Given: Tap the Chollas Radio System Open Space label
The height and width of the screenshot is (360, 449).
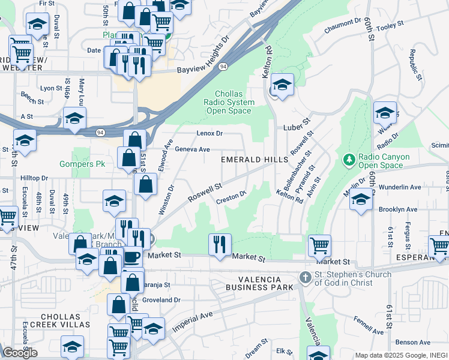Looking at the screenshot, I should (x=230, y=103).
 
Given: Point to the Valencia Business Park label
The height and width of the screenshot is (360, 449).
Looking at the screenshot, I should (x=253, y=283).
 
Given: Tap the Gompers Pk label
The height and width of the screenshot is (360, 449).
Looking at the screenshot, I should (x=82, y=164).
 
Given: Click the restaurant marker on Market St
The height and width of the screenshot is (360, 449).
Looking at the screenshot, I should (x=220, y=244).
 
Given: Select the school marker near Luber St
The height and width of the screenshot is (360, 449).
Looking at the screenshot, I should (x=281, y=85).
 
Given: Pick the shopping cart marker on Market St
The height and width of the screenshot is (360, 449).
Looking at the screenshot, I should (x=319, y=245).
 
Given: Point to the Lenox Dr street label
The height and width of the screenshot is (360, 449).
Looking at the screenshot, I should (x=209, y=133).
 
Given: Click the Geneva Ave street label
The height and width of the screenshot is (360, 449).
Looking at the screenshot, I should (x=192, y=149).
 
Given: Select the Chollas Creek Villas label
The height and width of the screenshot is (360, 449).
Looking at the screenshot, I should (x=65, y=320).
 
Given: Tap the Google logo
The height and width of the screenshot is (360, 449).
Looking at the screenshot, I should (x=20, y=353).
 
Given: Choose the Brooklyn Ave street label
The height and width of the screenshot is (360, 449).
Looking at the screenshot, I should (x=398, y=209).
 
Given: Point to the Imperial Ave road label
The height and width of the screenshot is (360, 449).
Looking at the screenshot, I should (x=193, y=322).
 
